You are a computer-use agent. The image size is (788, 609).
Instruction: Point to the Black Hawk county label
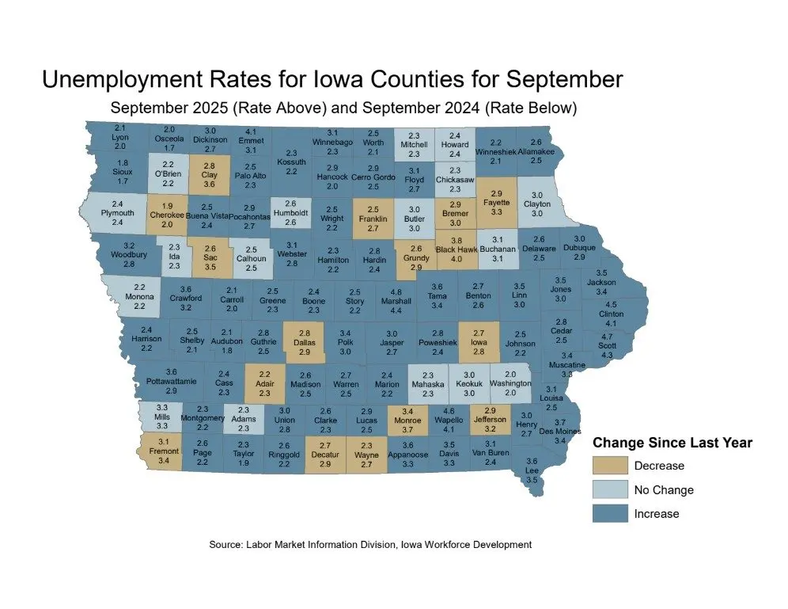point(455,249)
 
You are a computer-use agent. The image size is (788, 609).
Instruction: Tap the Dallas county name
point(305,342)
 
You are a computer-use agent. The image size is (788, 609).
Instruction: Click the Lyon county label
point(120,137)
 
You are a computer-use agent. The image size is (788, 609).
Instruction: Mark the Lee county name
point(532,471)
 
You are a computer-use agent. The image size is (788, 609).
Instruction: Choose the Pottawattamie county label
point(172,381)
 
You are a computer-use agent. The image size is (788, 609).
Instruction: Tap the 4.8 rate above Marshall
point(396,291)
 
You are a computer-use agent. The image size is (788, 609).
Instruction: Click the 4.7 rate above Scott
point(608,337)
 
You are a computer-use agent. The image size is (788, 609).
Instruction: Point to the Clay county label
point(210,174)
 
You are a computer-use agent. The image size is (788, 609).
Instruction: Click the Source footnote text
point(370,545)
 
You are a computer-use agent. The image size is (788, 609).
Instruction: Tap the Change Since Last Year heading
point(672,443)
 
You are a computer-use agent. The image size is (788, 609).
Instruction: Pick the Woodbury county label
point(130,255)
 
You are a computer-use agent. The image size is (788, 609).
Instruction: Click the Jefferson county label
point(491,420)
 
